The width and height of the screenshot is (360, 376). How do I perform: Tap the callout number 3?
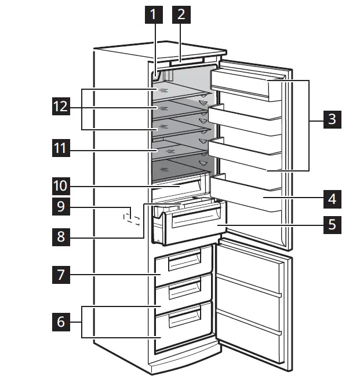(x=331, y=120)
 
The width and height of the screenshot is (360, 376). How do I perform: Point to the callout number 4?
(x=331, y=199)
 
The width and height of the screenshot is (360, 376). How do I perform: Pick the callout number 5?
(x=331, y=224)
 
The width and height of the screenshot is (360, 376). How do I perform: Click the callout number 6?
(x=60, y=322)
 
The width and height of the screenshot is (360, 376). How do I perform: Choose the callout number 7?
(x=60, y=275)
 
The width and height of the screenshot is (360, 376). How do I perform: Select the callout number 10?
(x=60, y=186)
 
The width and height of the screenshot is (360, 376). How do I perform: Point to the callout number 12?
(x=60, y=108)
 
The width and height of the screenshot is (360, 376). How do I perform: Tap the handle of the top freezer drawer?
(x=181, y=264)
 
